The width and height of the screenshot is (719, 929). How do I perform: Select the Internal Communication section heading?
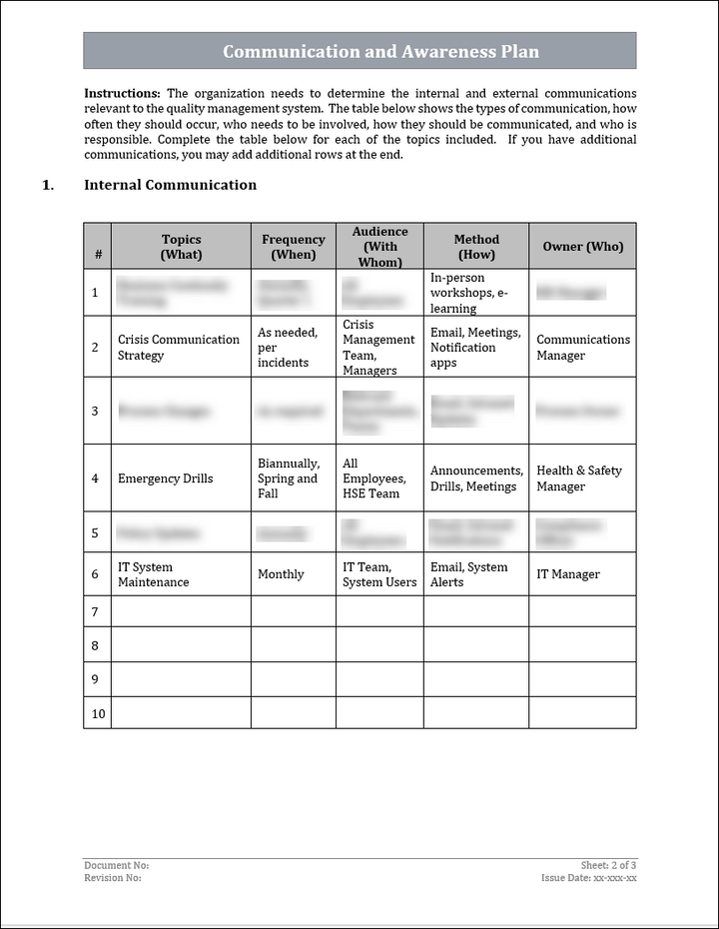pos(170,185)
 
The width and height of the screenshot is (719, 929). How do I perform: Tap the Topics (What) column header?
pos(181,247)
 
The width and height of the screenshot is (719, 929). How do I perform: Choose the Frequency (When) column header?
pos(293,247)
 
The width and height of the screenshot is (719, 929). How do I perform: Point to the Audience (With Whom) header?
pos(379,247)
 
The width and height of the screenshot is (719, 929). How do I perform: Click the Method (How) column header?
pos(476,247)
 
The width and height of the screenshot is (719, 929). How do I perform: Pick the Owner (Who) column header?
pos(582,247)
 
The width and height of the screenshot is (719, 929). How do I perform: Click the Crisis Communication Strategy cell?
pos(179,348)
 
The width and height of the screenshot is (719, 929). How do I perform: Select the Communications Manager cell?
pos(583,348)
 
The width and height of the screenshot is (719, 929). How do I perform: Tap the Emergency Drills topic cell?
pos(165,478)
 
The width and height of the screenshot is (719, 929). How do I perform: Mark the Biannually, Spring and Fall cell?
pos(289,478)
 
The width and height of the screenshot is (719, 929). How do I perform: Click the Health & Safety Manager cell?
pos(579,478)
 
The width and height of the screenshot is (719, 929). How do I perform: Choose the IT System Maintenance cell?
pos(153,574)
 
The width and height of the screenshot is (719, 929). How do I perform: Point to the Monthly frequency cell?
pos(281,574)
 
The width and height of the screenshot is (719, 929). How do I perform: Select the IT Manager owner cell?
pos(568,574)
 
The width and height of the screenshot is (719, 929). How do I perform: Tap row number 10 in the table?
pos(97,714)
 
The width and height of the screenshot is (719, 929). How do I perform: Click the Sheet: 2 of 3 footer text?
pos(608,865)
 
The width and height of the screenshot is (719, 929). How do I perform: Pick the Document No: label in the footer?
pos(117,865)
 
